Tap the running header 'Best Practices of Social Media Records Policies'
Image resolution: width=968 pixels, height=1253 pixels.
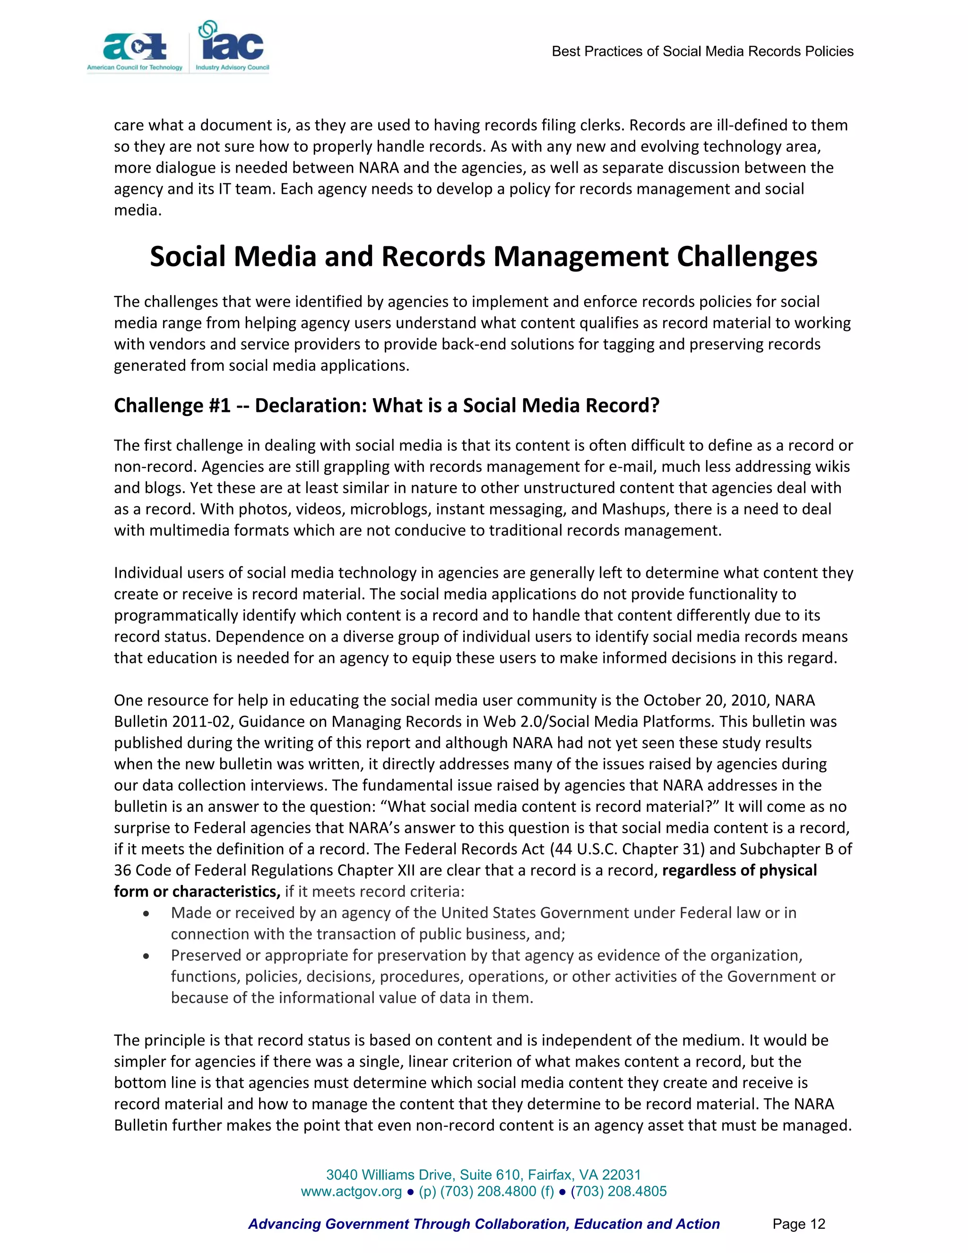[702, 52]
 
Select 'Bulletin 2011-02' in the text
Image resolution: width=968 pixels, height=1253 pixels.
[172, 722]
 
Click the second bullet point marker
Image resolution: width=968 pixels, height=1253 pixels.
[147, 956]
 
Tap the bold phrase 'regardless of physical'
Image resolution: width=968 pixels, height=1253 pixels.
[739, 870]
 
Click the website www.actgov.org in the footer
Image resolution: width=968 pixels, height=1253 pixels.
[351, 1192]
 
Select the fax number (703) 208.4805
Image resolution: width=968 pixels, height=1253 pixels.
[618, 1192]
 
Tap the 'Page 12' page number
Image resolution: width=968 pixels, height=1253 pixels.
[798, 1224]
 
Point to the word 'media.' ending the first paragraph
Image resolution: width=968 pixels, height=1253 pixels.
[138, 210]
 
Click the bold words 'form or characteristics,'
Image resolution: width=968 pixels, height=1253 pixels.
[197, 892]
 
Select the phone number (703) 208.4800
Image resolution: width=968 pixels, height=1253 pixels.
[488, 1192]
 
